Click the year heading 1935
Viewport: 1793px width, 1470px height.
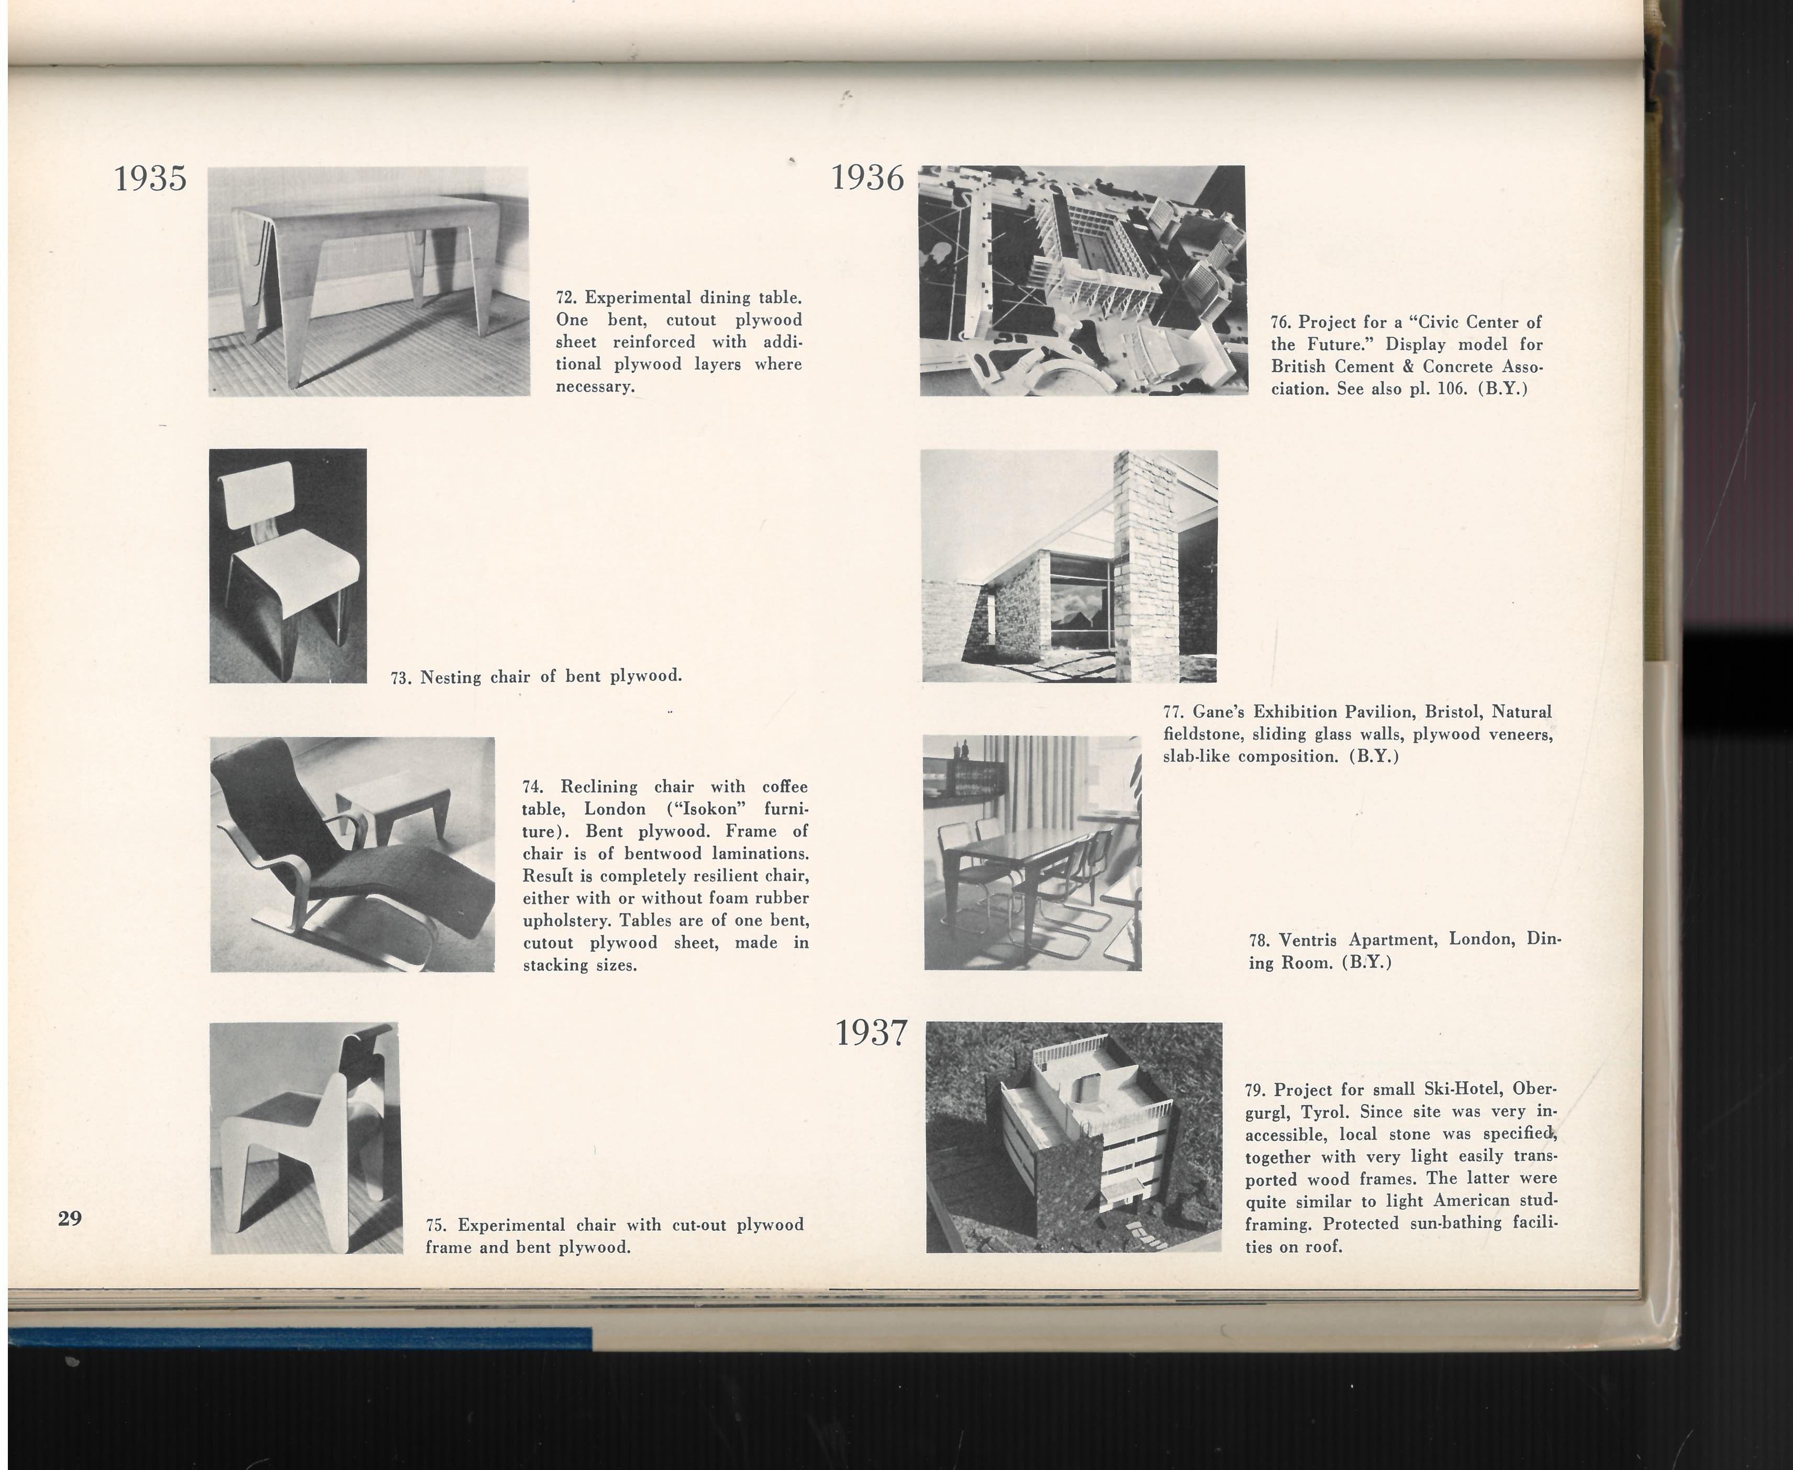coord(150,179)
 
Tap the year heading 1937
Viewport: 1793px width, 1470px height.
coord(871,1033)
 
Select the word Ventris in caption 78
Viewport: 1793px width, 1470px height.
coord(1310,940)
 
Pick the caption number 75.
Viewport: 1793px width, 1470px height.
coord(436,1226)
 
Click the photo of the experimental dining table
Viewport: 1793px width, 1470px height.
coord(369,281)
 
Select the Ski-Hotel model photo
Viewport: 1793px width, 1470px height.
coord(1073,1137)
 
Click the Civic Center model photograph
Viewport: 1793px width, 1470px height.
coord(1083,280)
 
